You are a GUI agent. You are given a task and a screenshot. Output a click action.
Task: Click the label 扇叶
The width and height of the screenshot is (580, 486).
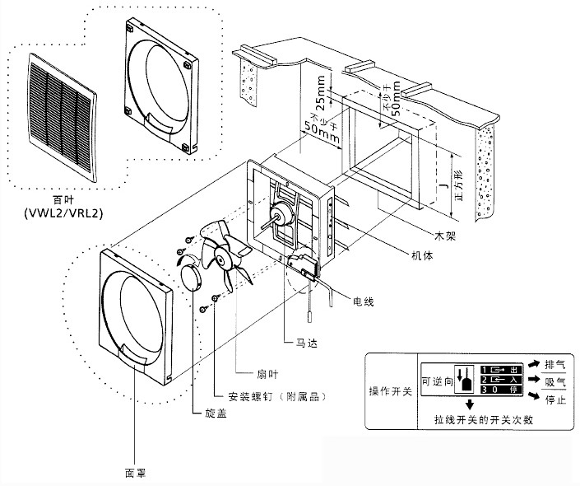pos(246,372)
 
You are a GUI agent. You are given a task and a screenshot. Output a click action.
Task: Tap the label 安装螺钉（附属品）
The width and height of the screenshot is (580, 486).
pos(265,396)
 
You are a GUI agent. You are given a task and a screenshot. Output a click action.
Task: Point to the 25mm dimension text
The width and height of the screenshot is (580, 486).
pos(320,88)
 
